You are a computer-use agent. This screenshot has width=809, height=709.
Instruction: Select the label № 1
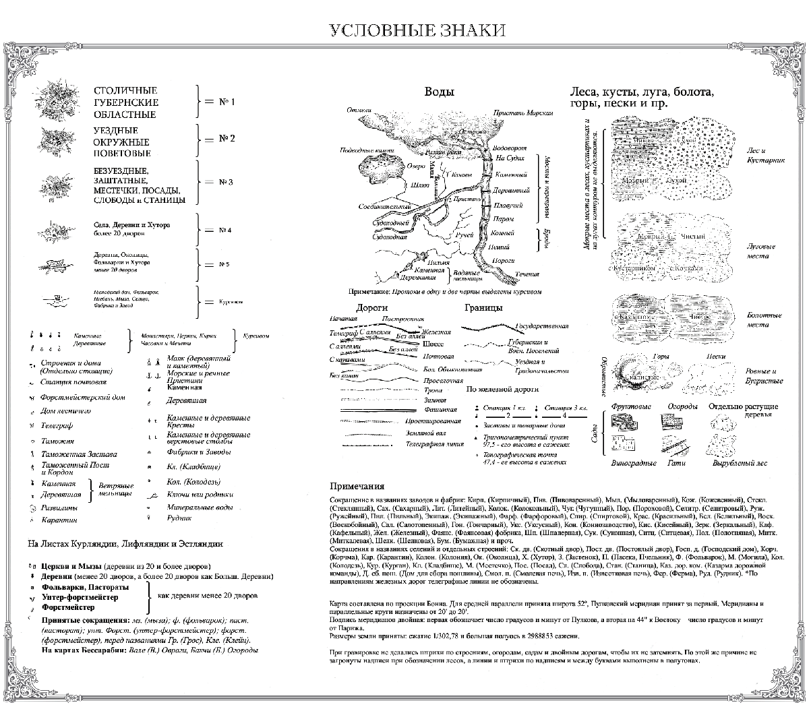click(x=227, y=102)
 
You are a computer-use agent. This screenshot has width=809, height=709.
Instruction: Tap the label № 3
click(x=226, y=182)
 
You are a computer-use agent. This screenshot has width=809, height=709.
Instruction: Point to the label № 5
click(x=224, y=264)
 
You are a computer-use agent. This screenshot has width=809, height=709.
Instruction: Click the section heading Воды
click(x=438, y=92)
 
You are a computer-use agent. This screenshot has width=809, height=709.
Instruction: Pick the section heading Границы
click(x=483, y=308)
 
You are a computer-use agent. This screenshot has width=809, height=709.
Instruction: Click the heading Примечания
click(x=357, y=486)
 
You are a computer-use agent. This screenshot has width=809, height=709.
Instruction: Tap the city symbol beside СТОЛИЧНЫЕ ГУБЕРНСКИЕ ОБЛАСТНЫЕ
click(x=52, y=100)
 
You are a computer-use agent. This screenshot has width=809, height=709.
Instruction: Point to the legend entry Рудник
click(x=179, y=518)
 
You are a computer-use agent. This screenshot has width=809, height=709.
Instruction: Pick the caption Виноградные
click(x=634, y=464)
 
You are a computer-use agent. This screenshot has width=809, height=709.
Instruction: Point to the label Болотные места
click(x=764, y=319)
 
